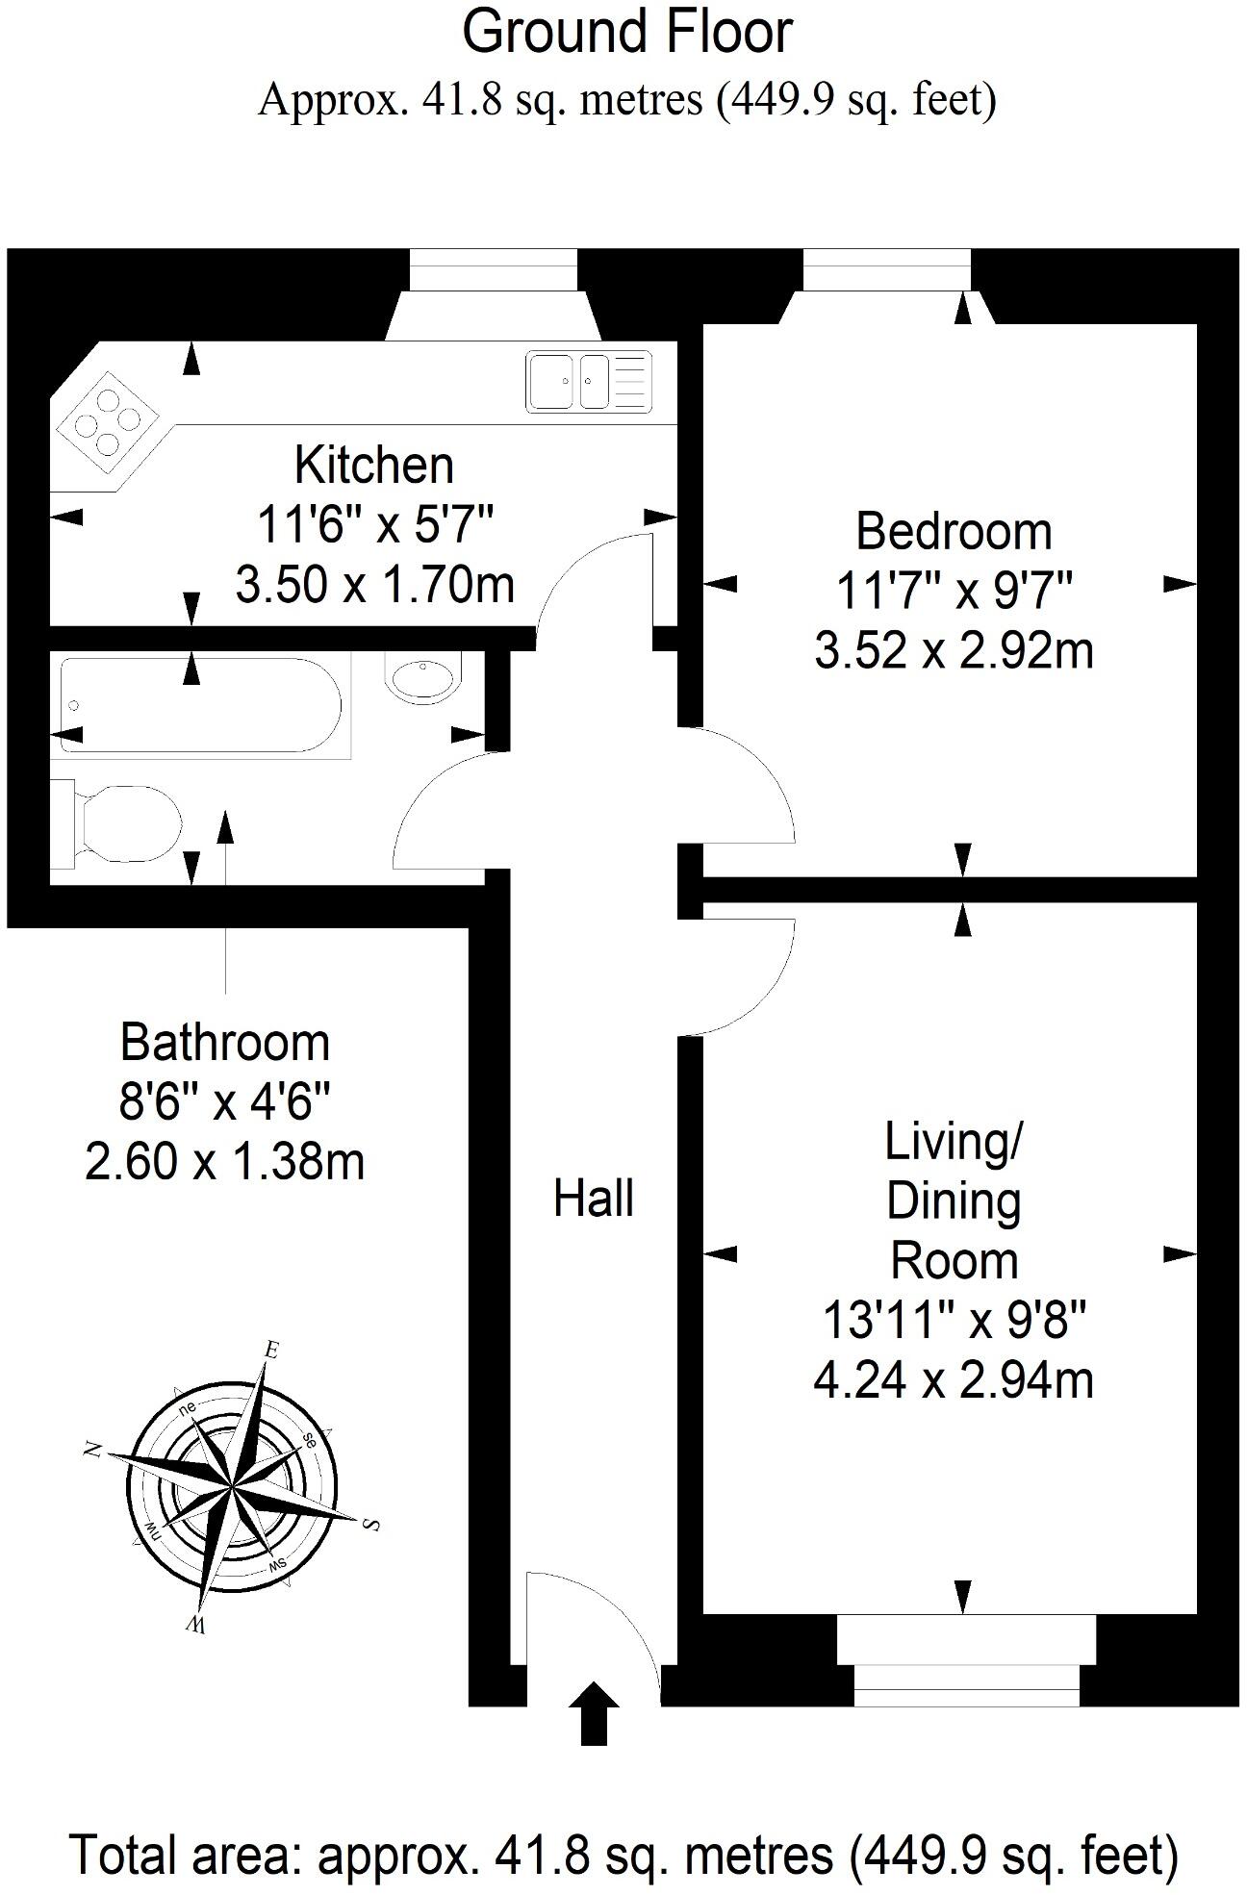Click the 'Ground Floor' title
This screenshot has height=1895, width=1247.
[x=627, y=33]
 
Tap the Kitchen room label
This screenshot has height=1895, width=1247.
[x=374, y=465]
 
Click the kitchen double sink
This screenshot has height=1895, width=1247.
[x=589, y=381]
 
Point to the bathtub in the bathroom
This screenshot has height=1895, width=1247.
[x=200, y=706]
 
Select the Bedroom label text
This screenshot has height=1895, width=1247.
[x=954, y=531]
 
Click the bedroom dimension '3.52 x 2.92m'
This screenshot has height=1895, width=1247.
[x=954, y=650]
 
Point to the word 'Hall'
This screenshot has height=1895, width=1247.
[x=594, y=1199]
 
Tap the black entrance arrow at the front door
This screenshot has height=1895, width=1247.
[x=594, y=1712]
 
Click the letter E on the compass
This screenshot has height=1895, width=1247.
[x=271, y=1351]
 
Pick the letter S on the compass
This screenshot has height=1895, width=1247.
[x=371, y=1524]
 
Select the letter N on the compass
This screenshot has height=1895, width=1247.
[x=93, y=1449]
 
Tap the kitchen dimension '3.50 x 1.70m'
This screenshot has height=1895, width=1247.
[x=374, y=585]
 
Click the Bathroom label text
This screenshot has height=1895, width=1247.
[x=225, y=1042]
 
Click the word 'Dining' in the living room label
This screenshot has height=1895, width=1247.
[x=954, y=1202]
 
